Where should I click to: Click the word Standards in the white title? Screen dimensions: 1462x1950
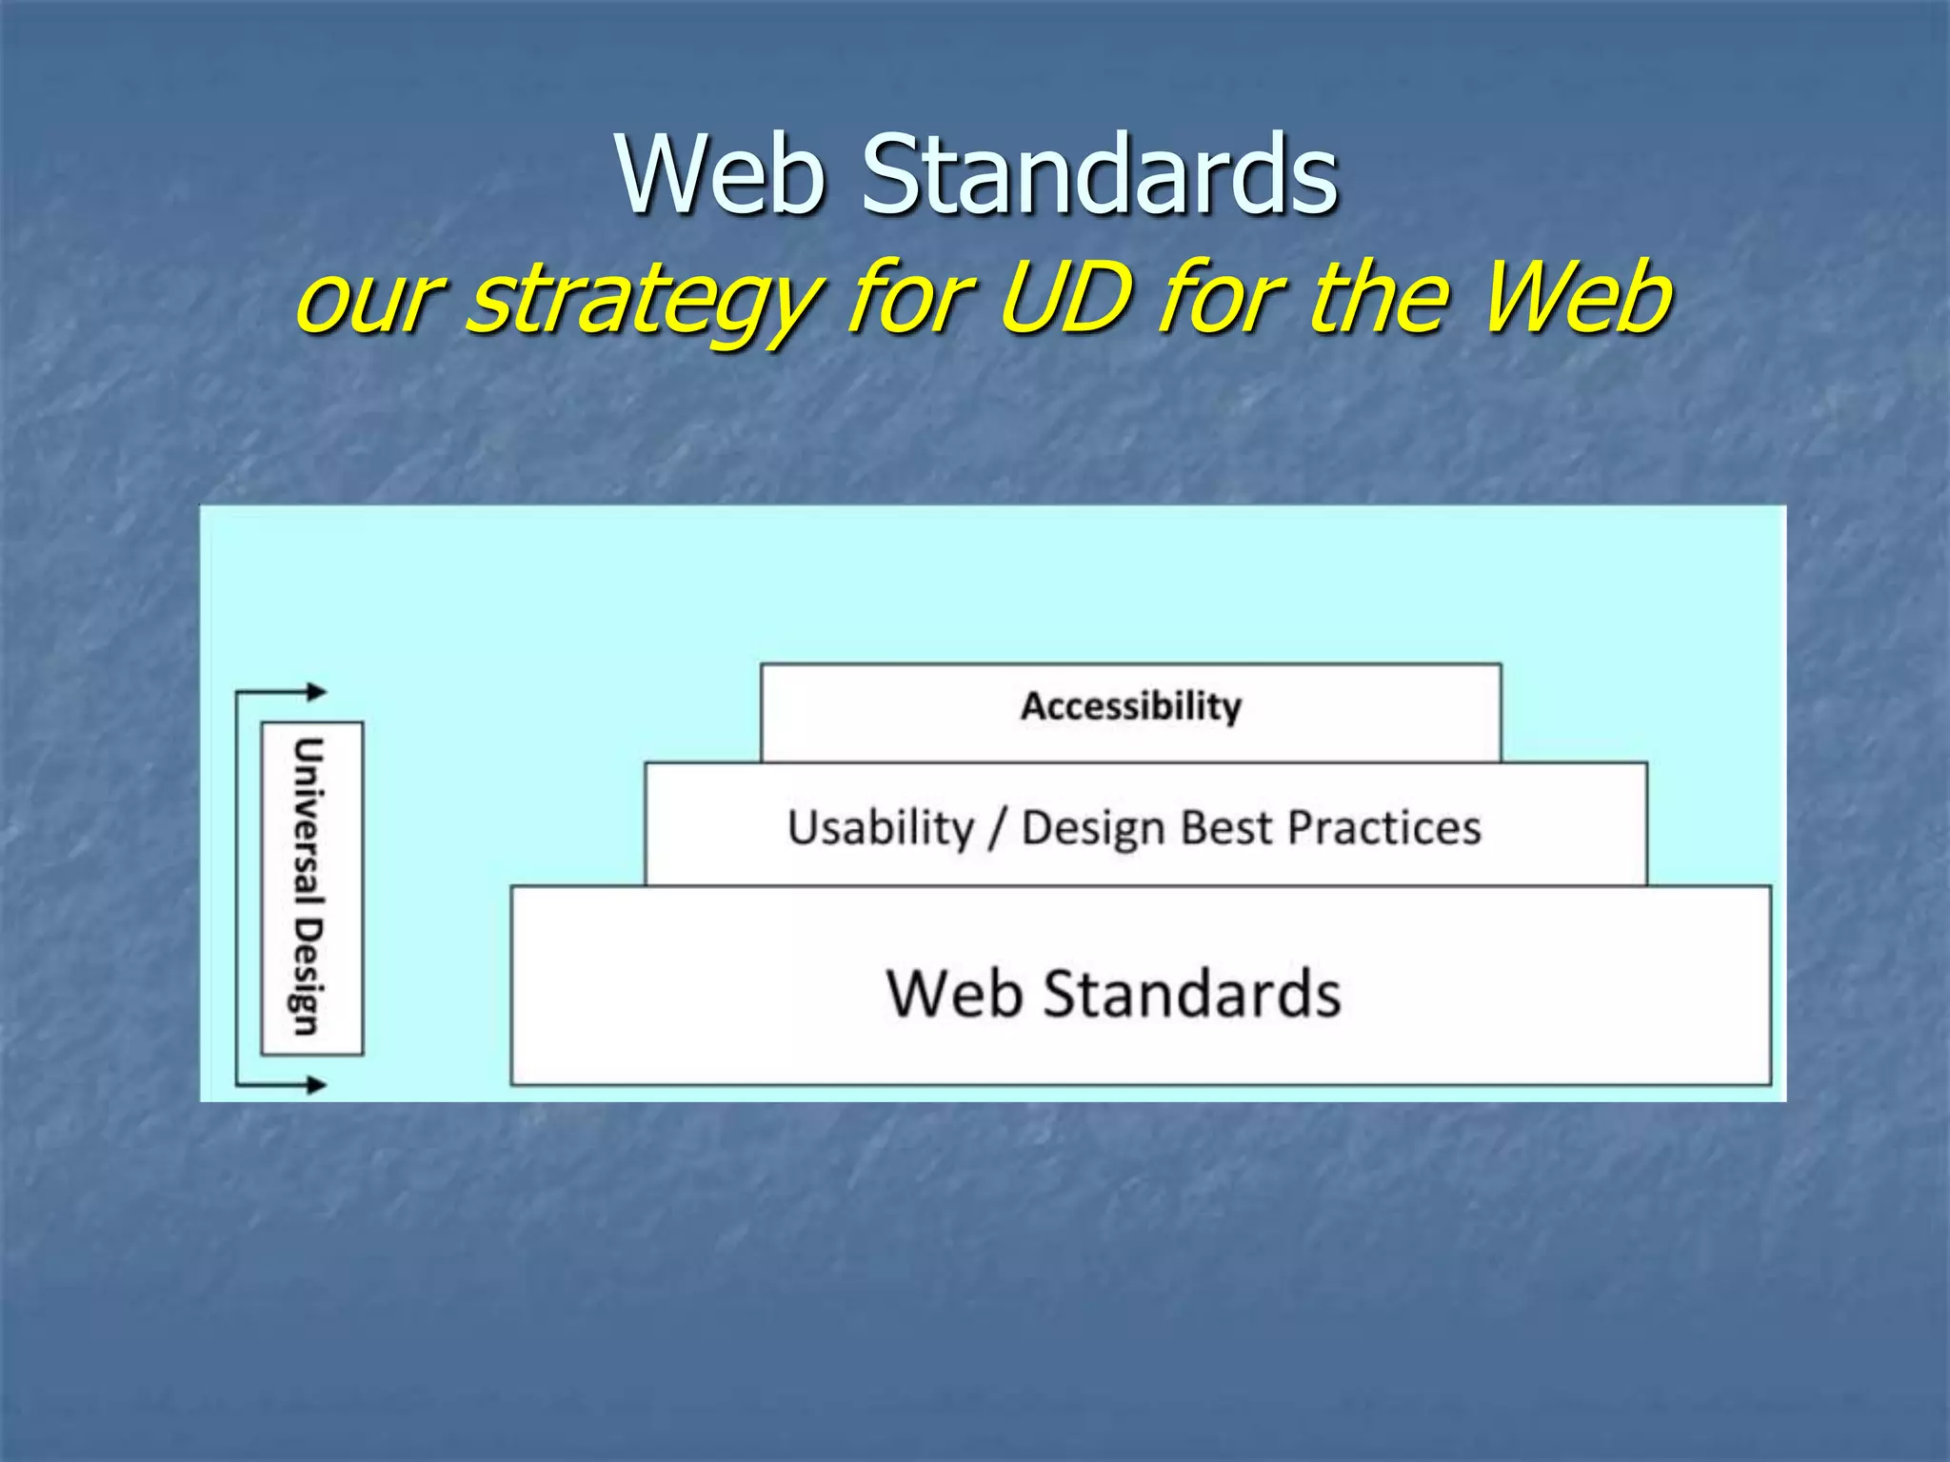pyautogui.click(x=1100, y=174)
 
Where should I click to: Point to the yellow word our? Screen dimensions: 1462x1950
pyautogui.click(x=368, y=303)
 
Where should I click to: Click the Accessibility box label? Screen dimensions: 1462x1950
pyautogui.click(x=1131, y=706)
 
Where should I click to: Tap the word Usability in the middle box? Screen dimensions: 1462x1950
pyautogui.click(x=881, y=826)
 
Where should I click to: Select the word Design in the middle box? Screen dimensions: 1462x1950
pyautogui.click(x=1094, y=828)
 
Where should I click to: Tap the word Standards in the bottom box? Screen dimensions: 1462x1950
pyautogui.click(x=1192, y=993)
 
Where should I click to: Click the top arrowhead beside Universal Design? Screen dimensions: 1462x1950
pyautogui.click(x=317, y=692)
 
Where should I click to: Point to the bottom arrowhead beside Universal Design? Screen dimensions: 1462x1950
pyautogui.click(x=317, y=1084)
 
